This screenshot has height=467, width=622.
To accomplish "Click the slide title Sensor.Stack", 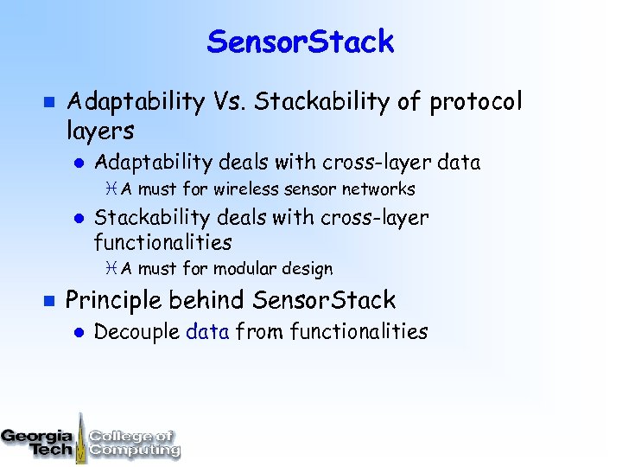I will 300,42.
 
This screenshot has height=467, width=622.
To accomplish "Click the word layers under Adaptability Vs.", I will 100,131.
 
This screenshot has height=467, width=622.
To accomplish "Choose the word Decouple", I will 136,331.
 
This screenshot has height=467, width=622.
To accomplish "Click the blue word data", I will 207,331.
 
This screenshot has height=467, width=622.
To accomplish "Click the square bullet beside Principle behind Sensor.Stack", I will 48,301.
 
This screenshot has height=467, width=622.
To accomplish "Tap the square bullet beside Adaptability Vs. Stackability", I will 48,103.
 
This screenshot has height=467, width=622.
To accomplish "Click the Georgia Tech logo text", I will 38,442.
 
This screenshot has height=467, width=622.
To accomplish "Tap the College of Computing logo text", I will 134,443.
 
